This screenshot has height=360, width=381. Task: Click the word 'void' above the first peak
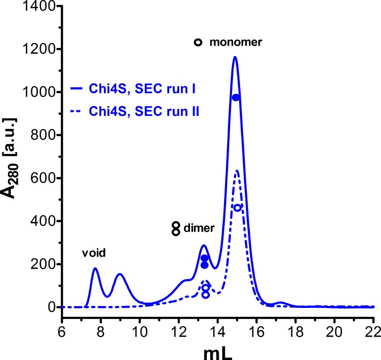point(95,253)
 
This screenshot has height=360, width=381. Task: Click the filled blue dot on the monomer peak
point(236,98)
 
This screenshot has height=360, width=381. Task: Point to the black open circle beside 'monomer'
point(198,43)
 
